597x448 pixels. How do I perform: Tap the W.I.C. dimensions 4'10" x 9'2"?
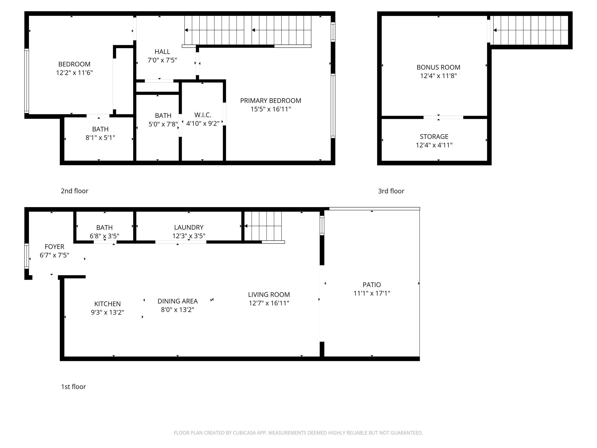point(203,124)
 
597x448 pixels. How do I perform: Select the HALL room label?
point(162,52)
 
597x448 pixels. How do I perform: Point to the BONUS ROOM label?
point(438,67)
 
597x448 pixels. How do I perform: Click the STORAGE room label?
point(434,137)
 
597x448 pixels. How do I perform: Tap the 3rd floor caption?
point(391,191)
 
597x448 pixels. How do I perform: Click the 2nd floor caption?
point(75,191)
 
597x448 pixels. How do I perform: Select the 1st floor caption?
point(73,387)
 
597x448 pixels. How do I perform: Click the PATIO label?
point(372,285)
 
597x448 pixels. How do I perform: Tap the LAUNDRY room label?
point(189,227)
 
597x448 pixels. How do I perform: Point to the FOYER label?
point(54,247)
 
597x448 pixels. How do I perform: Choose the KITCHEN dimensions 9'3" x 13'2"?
point(107,313)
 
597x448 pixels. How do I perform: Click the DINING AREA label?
point(178,301)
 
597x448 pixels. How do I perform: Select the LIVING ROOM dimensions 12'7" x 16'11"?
point(269,303)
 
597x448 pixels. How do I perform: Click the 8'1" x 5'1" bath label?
point(100,133)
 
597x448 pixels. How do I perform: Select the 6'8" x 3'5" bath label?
point(104,232)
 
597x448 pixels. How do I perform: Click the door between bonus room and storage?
point(443,118)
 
